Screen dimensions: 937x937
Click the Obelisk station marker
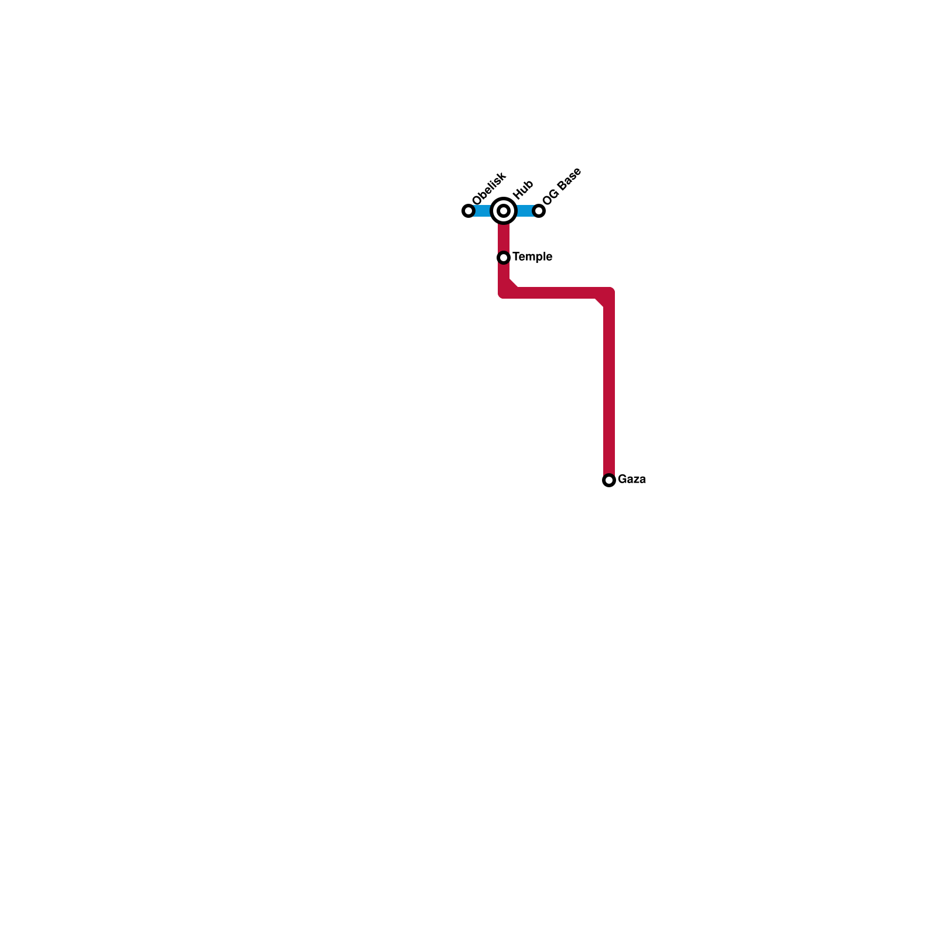pos(468,211)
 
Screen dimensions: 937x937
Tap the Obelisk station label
pos(488,189)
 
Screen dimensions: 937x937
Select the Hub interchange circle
pos(504,211)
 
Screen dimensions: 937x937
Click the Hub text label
pos(522,190)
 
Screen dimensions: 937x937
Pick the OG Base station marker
pos(539,211)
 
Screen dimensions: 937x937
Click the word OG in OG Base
pos(550,197)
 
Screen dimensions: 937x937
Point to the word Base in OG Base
pos(569,179)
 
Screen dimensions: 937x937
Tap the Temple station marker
pos(504,258)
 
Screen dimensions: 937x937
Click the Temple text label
pos(532,257)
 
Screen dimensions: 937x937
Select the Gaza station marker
pos(609,480)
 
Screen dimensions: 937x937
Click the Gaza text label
pos(631,480)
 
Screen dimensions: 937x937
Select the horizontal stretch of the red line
pos(556,293)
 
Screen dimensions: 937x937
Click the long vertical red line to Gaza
pos(609,387)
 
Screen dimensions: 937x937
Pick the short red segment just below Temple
pos(504,273)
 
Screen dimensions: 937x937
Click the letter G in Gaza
pos(622,480)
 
